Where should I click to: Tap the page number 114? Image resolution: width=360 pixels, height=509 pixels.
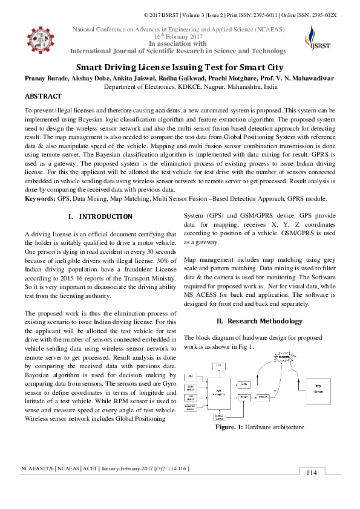pos(312,490)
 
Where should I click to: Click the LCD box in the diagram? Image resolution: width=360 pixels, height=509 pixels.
pos(218,365)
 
